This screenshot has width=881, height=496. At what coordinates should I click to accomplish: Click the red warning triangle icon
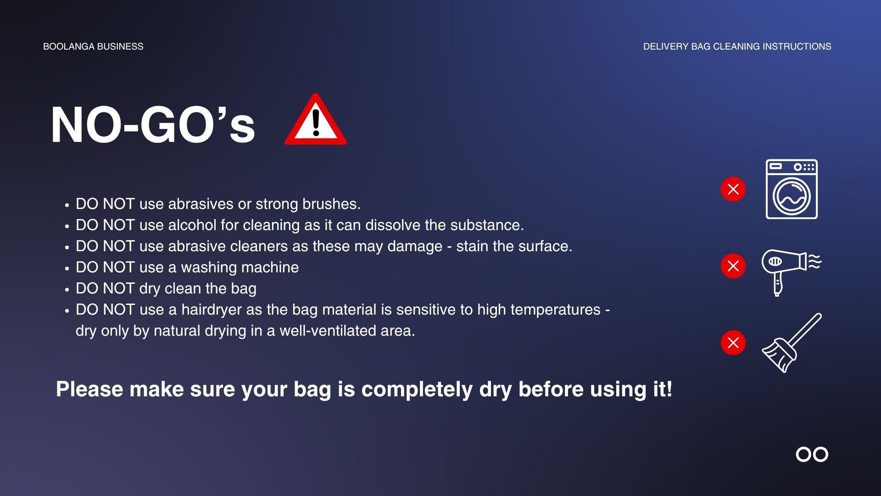coord(316,120)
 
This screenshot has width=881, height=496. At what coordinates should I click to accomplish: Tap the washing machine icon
coord(792,189)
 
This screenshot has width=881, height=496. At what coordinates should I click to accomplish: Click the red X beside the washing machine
coord(733,189)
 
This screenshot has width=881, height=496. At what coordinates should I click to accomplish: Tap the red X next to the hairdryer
coord(733,266)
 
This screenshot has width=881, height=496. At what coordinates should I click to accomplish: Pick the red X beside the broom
coord(733,343)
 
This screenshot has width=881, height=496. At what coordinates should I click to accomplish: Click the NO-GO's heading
coord(153,125)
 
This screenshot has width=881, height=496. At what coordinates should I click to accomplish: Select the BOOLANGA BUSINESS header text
coord(93,46)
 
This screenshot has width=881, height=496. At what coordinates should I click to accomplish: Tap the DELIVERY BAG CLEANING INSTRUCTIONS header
coord(737,46)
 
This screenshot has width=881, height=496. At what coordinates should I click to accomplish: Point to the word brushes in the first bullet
coord(331,204)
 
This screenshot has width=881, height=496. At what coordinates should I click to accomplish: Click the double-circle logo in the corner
coord(812,454)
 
